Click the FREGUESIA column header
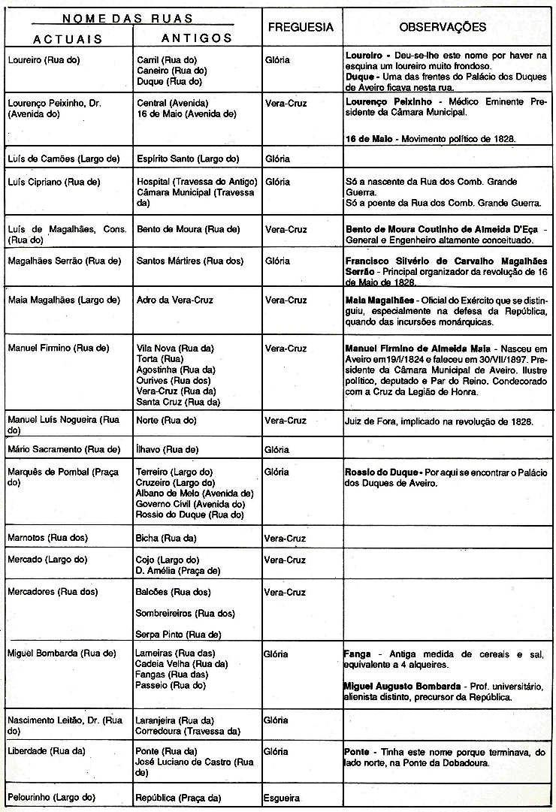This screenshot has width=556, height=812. tap(301, 27)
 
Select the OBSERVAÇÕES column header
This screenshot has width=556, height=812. tap(443, 27)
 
